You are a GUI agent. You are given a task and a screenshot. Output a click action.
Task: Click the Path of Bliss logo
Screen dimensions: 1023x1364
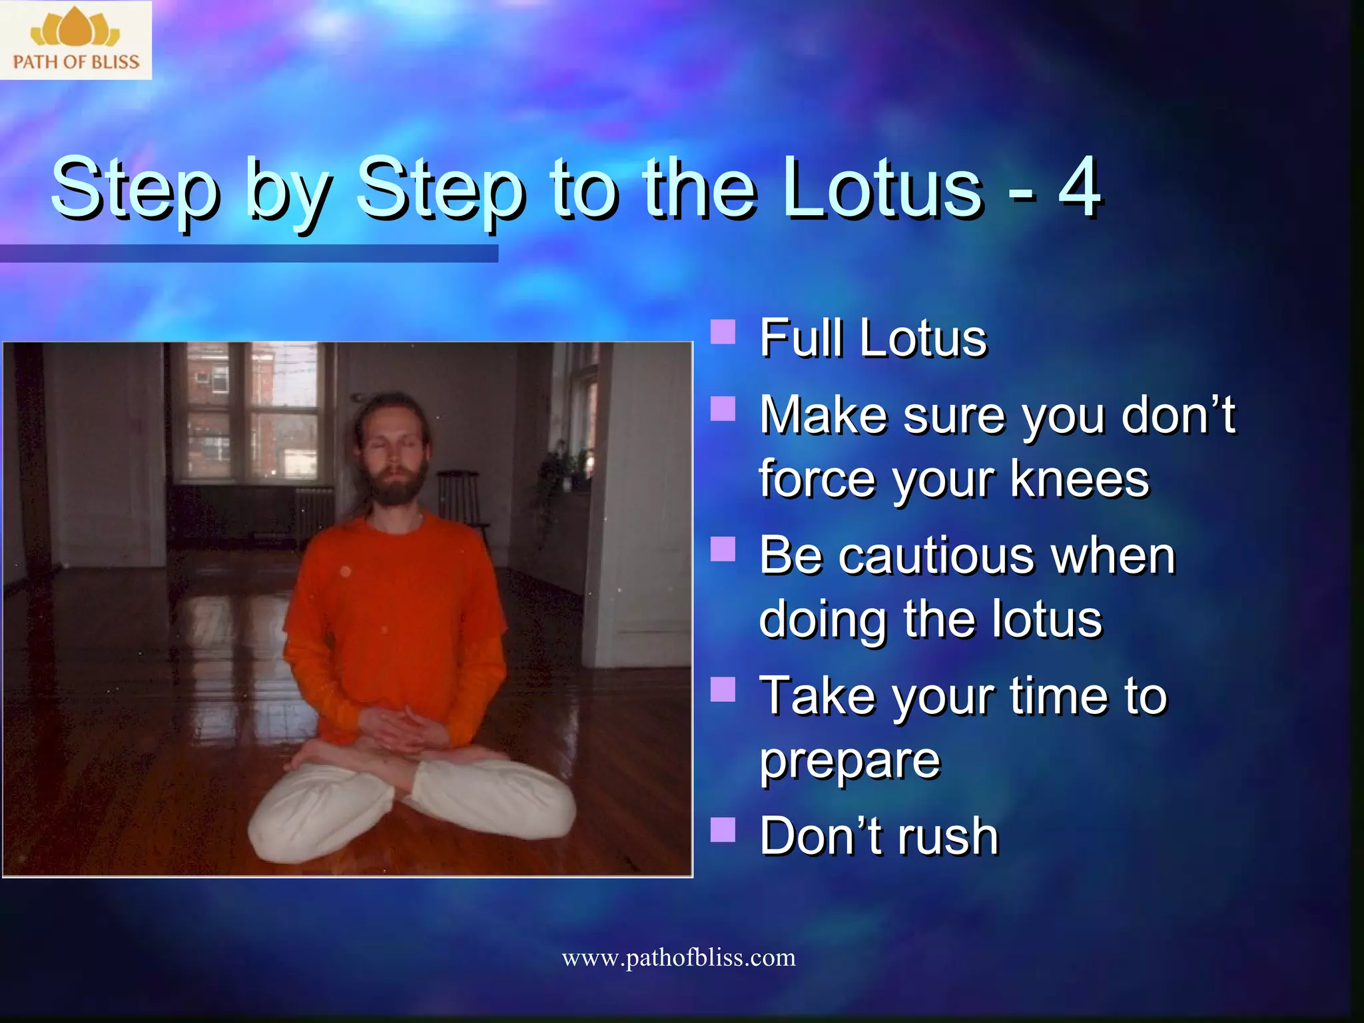(75, 40)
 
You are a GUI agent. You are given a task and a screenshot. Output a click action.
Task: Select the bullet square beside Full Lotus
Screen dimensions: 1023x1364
(723, 331)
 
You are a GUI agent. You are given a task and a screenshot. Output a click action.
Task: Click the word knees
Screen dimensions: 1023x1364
(1080, 479)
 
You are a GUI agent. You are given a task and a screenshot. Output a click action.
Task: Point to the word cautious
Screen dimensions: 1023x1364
(936, 555)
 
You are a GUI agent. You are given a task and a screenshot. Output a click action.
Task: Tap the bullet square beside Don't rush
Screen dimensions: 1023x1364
(723, 830)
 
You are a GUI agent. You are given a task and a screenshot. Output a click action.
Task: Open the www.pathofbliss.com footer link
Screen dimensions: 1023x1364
(678, 958)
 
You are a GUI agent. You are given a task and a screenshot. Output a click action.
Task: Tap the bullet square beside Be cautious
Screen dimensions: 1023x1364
(723, 549)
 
